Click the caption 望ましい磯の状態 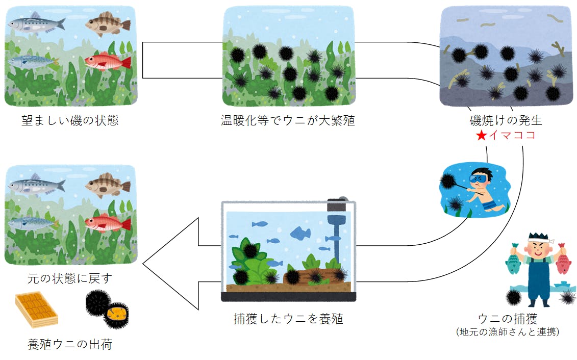70,121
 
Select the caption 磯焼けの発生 506,121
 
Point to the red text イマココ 512,136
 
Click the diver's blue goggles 480,179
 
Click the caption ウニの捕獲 508,319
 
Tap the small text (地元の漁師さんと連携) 508,332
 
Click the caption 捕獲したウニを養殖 288,319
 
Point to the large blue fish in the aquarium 301,233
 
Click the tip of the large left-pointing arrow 144,264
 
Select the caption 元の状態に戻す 70,279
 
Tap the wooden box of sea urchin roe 36,309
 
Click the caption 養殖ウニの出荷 70,344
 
